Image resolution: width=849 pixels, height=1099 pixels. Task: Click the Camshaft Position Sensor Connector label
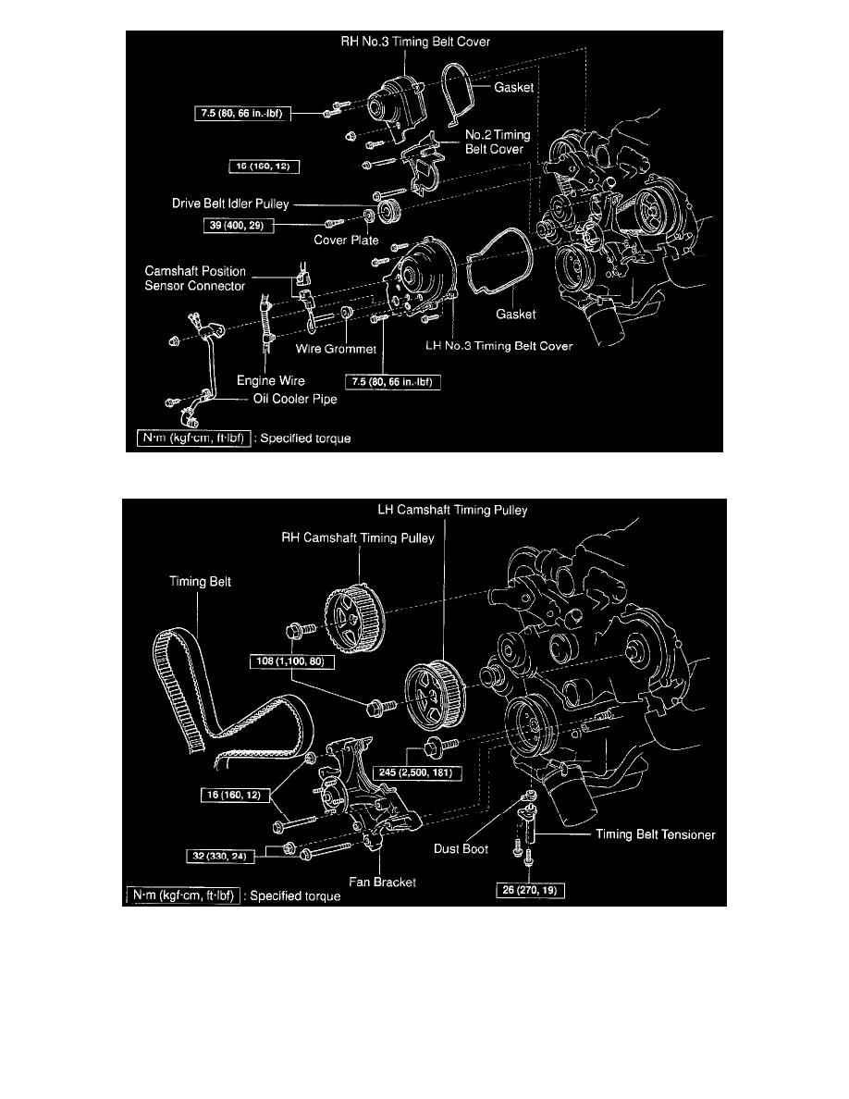tap(195, 278)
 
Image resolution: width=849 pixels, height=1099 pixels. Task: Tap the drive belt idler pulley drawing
tap(389, 212)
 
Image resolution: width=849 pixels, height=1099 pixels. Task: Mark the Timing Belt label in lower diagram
tap(194, 582)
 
